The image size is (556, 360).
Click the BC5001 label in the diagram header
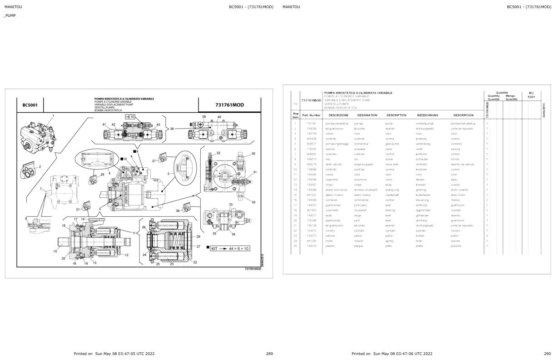tap(30, 105)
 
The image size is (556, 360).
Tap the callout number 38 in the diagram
tap(172, 129)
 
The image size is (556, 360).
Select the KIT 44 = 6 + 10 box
tap(230, 248)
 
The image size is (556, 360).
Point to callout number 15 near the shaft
tap(55, 251)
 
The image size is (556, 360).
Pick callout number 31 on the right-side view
tap(255, 172)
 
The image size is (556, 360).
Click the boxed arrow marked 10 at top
tap(129, 117)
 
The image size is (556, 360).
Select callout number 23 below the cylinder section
tap(172, 264)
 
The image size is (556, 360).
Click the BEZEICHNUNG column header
tap(427, 115)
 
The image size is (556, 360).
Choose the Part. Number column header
tap(311, 115)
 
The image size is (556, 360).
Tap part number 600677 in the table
tap(311, 144)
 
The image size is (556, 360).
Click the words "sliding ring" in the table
tap(392, 190)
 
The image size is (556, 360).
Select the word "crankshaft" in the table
tap(392, 195)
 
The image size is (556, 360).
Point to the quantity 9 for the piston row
tap(487, 235)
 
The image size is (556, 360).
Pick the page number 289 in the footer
tap(269, 354)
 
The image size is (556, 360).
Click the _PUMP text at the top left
tap(10, 15)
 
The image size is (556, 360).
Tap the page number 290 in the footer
tap(547, 354)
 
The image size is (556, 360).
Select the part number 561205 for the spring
tap(311, 241)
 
